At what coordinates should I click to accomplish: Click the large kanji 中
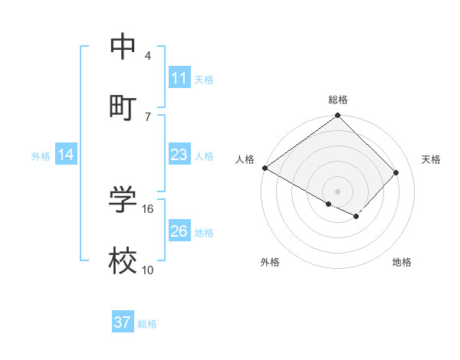(x=123, y=47)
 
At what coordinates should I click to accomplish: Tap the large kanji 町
(x=123, y=106)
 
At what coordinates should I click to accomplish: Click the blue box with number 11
(x=179, y=78)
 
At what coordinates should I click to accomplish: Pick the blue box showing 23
(x=179, y=155)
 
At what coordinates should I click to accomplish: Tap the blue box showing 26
(x=179, y=231)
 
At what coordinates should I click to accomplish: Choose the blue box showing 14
(x=66, y=155)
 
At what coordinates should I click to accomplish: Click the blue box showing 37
(x=123, y=322)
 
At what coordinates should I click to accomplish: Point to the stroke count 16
(x=148, y=208)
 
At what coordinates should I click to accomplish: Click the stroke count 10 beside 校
(x=148, y=270)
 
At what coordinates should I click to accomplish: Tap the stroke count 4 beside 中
(x=148, y=56)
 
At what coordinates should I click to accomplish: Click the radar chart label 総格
(x=338, y=100)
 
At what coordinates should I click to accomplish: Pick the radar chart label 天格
(x=431, y=159)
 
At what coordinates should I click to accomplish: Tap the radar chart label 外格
(x=270, y=262)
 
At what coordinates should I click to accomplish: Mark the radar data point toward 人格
(x=265, y=168)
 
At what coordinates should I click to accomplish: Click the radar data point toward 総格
(x=338, y=116)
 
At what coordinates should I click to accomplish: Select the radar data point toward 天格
(x=396, y=172)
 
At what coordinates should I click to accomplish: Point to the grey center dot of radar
(x=338, y=191)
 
